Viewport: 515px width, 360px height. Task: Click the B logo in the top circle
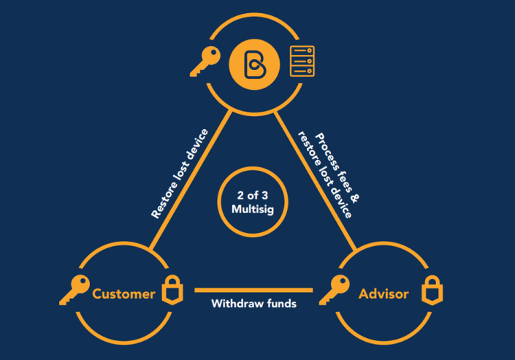coord(252,64)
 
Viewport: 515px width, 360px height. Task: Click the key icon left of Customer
coord(74,291)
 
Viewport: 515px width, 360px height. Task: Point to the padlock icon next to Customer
coord(169,291)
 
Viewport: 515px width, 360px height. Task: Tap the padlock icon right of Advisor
coord(431,291)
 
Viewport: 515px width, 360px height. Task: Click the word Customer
coord(124,294)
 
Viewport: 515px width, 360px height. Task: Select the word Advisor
coord(384,294)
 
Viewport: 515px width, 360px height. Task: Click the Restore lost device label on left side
coord(180,174)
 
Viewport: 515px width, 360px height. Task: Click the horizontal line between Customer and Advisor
coord(253,290)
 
